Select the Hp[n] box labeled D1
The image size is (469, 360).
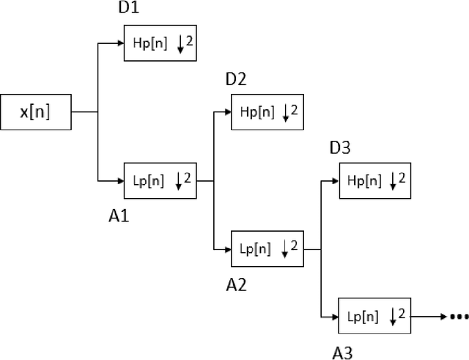(x=160, y=44)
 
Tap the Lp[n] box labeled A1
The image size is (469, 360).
(x=160, y=180)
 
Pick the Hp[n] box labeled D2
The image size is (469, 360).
(x=267, y=113)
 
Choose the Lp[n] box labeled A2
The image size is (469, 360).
(x=267, y=249)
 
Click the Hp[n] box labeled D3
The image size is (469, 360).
(x=374, y=181)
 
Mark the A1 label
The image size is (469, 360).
(x=117, y=216)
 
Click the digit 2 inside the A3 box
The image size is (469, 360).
(x=402, y=313)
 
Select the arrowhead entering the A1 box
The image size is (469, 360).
(x=119, y=180)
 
